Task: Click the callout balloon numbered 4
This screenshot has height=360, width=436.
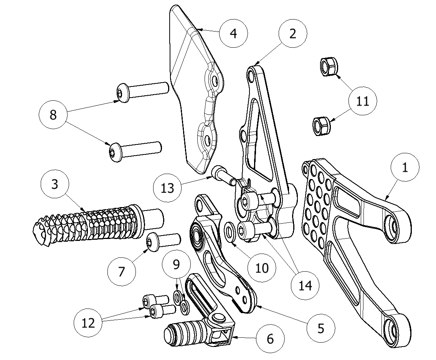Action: (233, 33)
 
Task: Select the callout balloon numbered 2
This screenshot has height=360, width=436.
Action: (293, 34)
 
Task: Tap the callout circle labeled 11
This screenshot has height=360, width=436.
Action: (363, 101)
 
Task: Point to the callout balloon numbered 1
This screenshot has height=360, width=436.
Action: (405, 168)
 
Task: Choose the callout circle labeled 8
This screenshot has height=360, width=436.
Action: (53, 114)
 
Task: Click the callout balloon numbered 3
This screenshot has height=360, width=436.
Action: (55, 184)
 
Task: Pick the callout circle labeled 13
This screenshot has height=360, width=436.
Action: (167, 188)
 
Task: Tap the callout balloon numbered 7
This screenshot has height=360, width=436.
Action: (122, 272)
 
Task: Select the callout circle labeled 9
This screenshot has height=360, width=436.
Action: (176, 264)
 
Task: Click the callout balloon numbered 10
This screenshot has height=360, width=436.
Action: (262, 268)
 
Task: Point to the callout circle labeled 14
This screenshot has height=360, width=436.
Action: (305, 286)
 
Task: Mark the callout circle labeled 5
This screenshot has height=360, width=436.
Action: (321, 328)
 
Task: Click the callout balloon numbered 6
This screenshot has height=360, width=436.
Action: (270, 339)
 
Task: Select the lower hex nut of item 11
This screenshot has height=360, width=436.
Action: (320, 126)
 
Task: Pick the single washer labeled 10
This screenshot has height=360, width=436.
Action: (230, 232)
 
